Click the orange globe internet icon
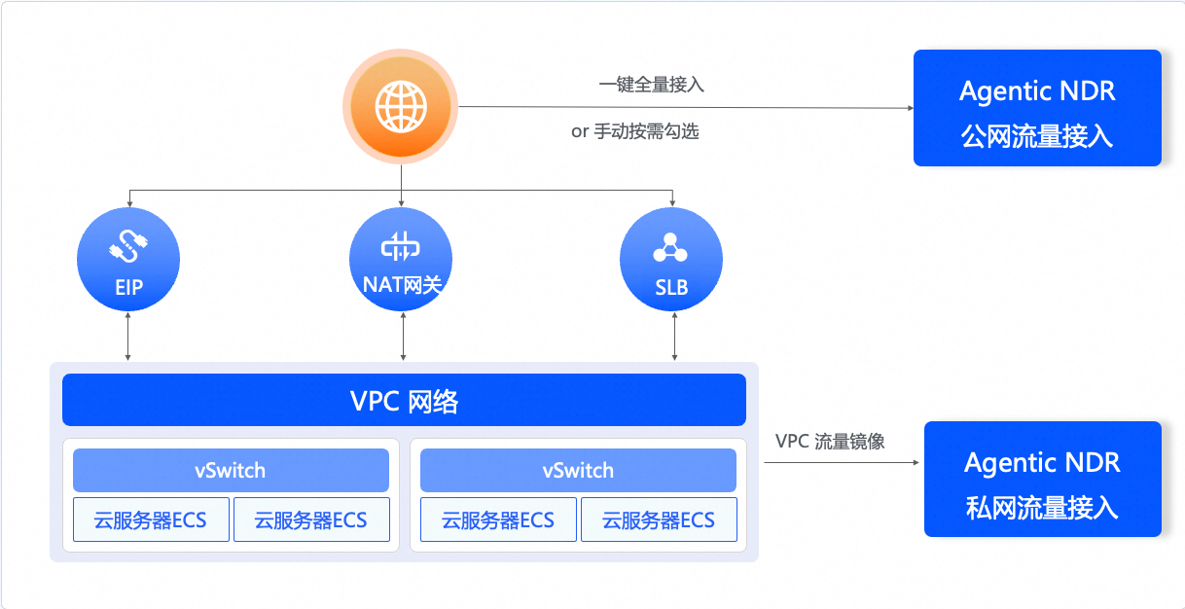(401, 106)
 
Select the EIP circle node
(128, 259)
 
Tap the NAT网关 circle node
(401, 259)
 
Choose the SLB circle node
(671, 259)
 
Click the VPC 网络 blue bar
(404, 400)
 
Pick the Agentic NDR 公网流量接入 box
(1037, 108)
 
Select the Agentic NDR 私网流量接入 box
(1043, 479)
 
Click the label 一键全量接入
(651, 85)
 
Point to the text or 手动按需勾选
(634, 131)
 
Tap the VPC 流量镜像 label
(830, 442)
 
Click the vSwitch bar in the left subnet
(231, 471)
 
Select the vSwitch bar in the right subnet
(578, 471)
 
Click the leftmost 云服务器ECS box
(151, 519)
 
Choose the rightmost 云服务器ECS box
(659, 519)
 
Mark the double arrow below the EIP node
(128, 337)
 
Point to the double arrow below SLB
(674, 337)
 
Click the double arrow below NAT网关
(403, 337)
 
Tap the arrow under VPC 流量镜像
(842, 462)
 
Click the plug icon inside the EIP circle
(128, 246)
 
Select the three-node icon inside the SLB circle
(670, 247)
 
